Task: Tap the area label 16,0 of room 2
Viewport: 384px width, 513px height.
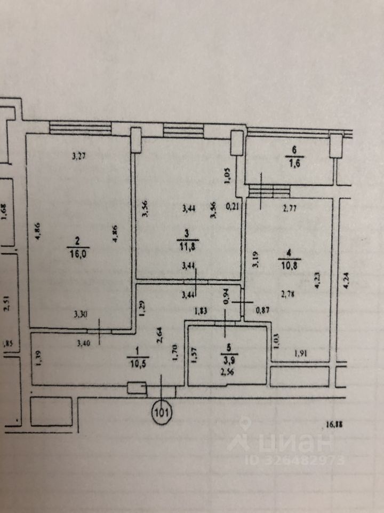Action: pyautogui.click(x=78, y=253)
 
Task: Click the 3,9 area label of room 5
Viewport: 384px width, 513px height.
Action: pyautogui.click(x=230, y=359)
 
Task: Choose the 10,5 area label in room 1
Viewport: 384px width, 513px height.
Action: pyautogui.click(x=137, y=358)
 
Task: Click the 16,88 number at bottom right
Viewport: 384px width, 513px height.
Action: pyautogui.click(x=334, y=425)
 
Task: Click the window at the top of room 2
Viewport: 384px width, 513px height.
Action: pyautogui.click(x=80, y=128)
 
